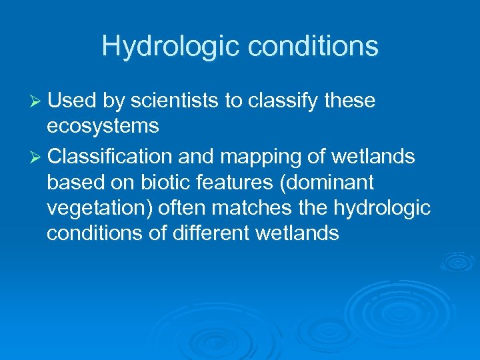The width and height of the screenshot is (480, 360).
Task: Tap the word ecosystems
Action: tap(103, 125)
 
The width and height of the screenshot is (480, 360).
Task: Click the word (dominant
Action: tap(338, 183)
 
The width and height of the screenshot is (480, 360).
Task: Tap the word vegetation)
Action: tap(100, 208)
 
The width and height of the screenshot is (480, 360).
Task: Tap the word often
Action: tap(183, 208)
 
